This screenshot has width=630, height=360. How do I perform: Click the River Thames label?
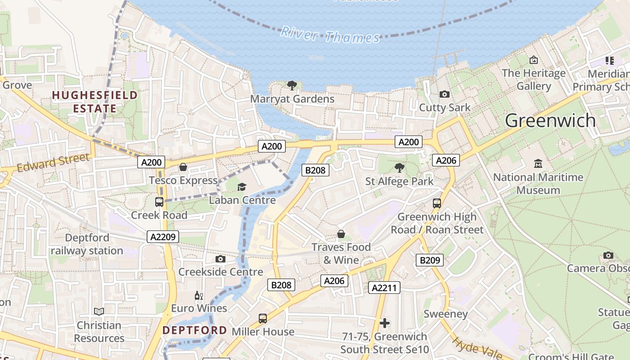click(x=330, y=35)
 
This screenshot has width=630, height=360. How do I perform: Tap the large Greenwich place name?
click(x=550, y=121)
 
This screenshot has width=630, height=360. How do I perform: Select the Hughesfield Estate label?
click(x=95, y=102)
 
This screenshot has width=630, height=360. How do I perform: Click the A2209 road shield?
click(x=163, y=237)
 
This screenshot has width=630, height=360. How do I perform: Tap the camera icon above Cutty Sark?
click(x=445, y=94)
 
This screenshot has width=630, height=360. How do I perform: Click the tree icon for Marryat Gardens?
click(x=292, y=85)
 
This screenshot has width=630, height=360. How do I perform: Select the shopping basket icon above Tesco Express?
click(x=183, y=167)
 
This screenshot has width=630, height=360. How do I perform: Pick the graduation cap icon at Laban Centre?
click(x=242, y=187)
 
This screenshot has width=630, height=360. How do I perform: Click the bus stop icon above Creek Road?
click(x=159, y=202)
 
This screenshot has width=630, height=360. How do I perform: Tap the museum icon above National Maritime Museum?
click(x=538, y=164)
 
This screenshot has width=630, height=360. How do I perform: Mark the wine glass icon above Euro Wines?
click(x=199, y=295)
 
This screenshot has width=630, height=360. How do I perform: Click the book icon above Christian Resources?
click(x=99, y=311)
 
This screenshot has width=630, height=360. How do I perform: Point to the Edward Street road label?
click(x=53, y=162)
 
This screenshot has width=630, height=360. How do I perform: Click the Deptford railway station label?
click(x=87, y=244)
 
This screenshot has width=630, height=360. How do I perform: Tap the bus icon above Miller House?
click(x=263, y=319)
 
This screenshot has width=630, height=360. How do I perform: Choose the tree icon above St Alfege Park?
click(x=399, y=168)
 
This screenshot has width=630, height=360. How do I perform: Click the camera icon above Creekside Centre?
click(x=220, y=259)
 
